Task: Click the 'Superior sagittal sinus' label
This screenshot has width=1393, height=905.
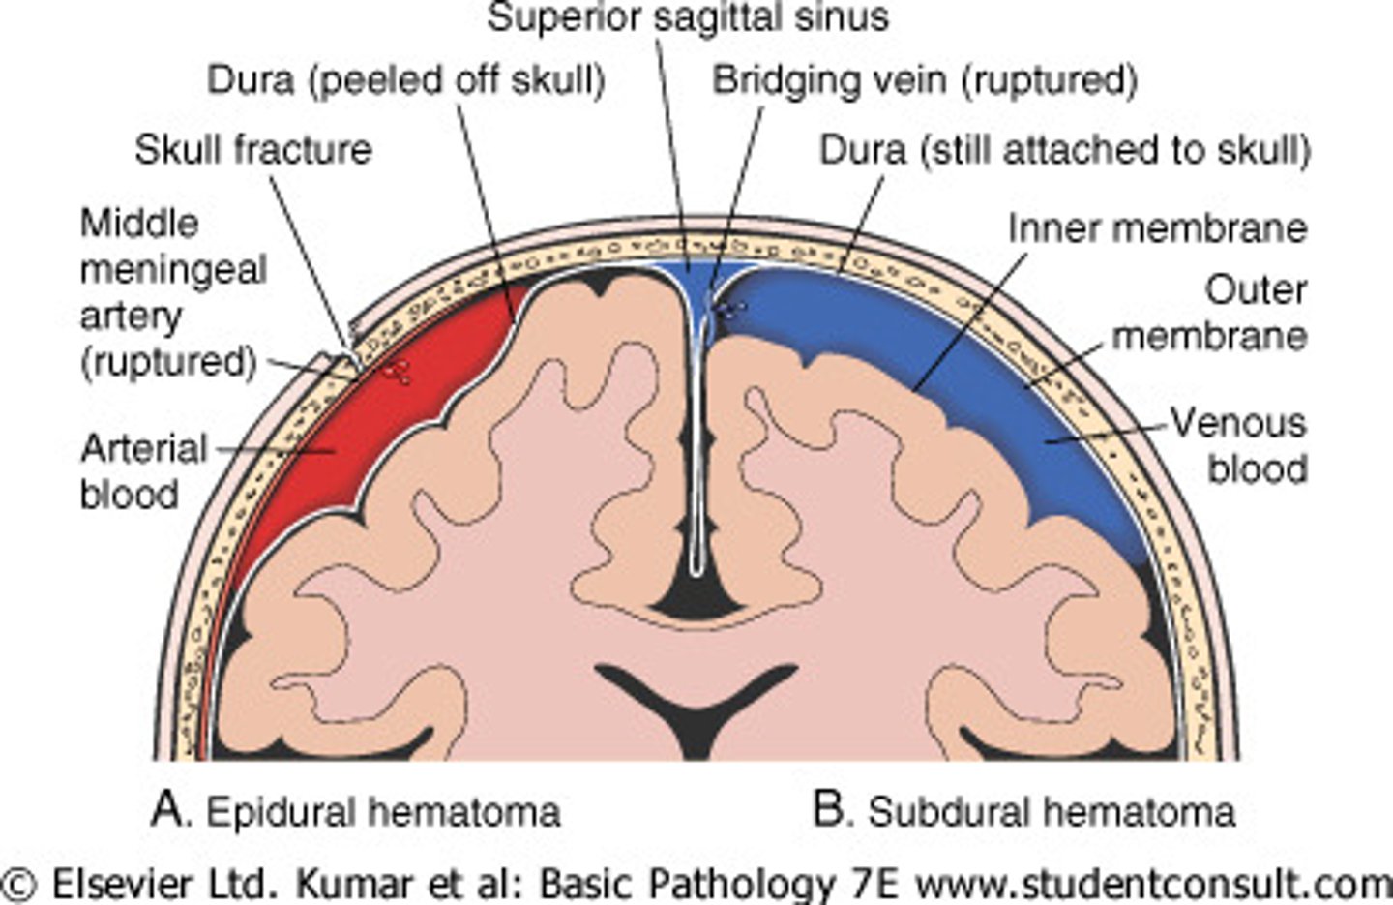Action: (687, 18)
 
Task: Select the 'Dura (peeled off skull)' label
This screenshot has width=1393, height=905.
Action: (406, 80)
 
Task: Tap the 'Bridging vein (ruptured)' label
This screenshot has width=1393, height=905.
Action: (924, 80)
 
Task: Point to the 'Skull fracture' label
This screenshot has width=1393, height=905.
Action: (253, 150)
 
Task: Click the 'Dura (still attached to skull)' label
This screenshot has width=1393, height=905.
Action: (1064, 150)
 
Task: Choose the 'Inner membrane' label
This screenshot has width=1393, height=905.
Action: (1157, 228)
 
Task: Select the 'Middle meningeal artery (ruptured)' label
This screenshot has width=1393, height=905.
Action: (170, 292)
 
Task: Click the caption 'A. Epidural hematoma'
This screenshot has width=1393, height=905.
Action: (356, 811)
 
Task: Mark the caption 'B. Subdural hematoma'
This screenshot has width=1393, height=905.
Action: (1023, 811)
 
